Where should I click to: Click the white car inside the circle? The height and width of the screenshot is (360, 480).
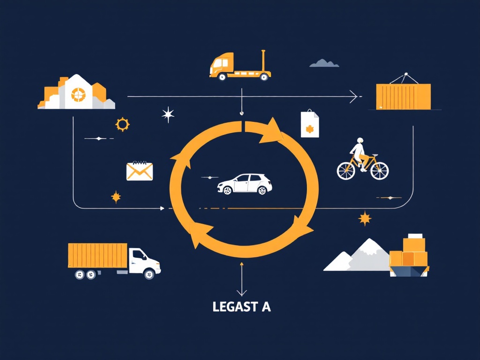[x=245, y=184]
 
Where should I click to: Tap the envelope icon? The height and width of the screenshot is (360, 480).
[x=140, y=171]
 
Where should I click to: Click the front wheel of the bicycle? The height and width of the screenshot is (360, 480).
[x=379, y=171]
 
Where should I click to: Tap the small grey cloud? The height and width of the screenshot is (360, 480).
[x=324, y=63]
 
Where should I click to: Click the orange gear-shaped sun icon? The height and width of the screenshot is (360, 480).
[x=122, y=124]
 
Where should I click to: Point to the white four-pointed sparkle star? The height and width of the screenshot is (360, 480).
[x=168, y=114]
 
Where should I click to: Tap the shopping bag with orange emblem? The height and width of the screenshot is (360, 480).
[x=310, y=124]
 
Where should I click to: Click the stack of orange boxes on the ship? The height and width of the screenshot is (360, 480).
[x=409, y=251]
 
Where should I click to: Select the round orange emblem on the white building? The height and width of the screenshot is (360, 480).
[x=78, y=95]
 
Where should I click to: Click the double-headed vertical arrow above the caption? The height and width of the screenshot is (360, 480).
[x=242, y=279]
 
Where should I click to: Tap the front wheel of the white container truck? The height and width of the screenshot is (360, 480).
[x=150, y=274]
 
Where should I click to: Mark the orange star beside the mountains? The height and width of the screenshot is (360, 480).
[x=365, y=218]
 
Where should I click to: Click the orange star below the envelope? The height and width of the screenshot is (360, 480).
[x=116, y=197]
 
